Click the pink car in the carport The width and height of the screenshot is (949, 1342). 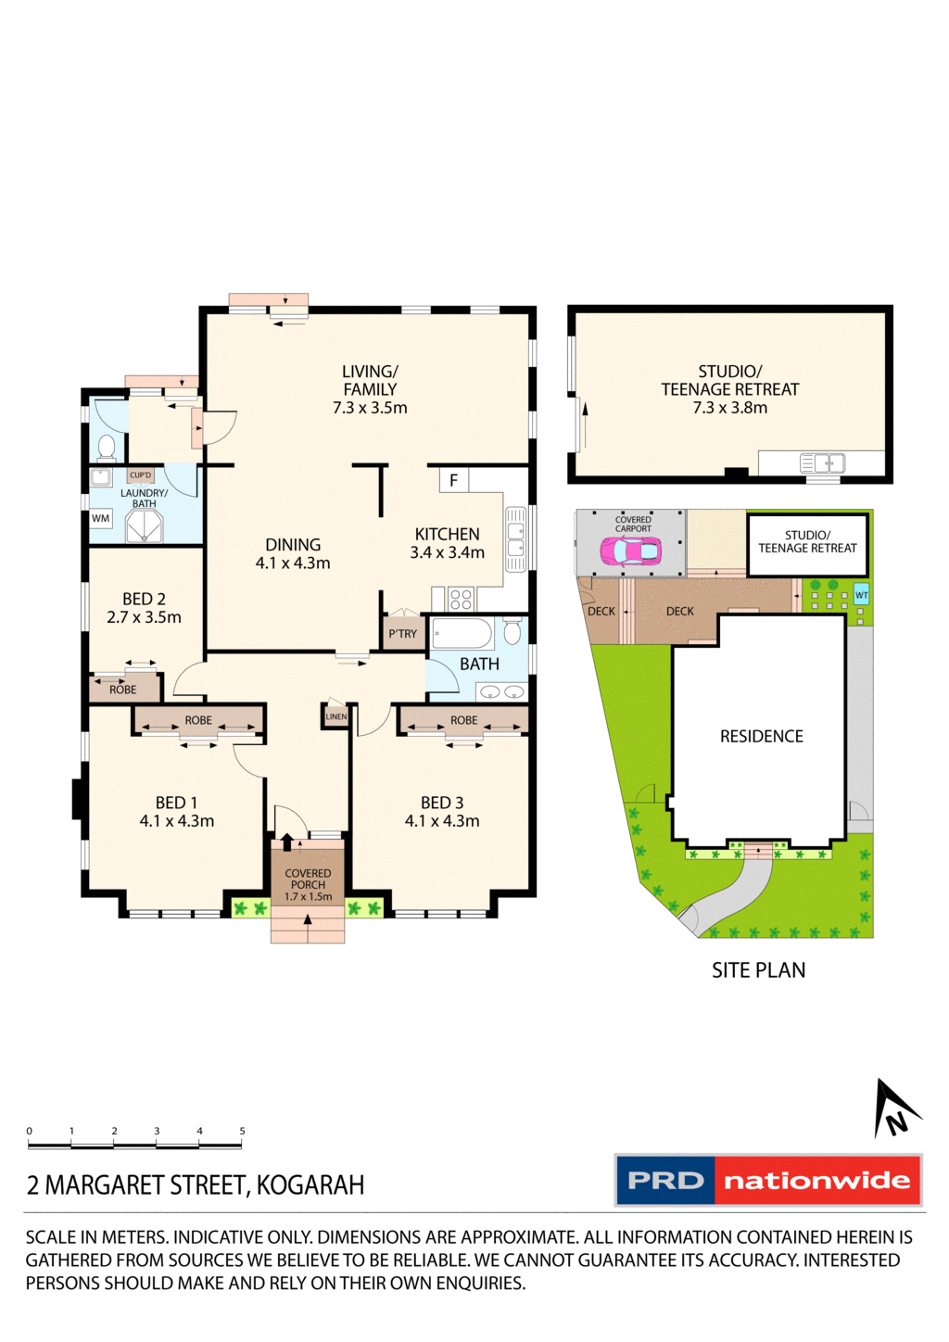(630, 551)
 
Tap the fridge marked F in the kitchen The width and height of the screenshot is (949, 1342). (453, 480)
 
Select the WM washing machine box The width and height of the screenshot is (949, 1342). (101, 518)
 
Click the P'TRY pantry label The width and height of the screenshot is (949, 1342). (402, 634)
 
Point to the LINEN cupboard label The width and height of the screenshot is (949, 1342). (335, 716)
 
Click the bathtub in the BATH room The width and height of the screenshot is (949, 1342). (462, 635)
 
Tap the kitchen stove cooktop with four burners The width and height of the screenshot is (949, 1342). (461, 599)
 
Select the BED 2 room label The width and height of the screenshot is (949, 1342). (144, 599)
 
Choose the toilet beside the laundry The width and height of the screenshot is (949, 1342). (107, 448)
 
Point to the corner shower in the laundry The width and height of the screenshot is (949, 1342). (144, 526)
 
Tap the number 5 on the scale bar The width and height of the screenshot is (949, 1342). (242, 1131)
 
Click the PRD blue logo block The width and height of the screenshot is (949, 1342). (665, 1181)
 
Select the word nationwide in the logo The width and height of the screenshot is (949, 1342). (816, 1181)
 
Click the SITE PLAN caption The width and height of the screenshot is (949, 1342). (758, 970)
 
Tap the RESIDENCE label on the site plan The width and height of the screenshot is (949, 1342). (761, 736)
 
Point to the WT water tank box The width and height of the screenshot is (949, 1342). (861, 595)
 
